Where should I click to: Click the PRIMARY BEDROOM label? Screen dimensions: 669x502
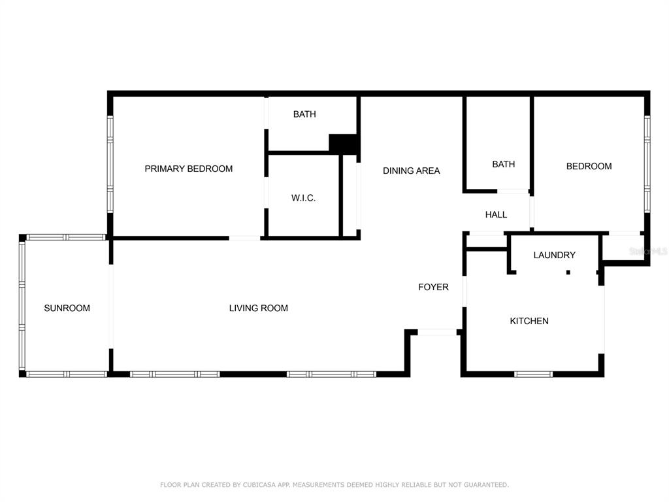tap(189, 169)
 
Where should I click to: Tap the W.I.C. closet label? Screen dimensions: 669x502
tap(303, 197)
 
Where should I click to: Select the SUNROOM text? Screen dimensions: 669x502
tap(67, 308)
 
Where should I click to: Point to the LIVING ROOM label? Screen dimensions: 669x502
tap(259, 308)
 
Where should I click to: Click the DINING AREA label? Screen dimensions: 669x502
tap(412, 171)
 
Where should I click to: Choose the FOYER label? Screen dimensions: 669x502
tap(434, 287)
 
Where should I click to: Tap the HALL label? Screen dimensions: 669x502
tap(497, 214)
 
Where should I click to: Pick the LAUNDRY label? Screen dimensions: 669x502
tap(555, 255)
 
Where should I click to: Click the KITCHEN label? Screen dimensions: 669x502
tap(529, 320)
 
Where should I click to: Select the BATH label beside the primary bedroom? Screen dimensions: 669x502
tap(304, 114)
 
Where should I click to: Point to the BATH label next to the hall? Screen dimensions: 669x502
tap(504, 164)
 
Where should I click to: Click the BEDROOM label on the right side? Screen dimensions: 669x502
tap(589, 166)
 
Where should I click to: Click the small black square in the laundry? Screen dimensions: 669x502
tap(568, 273)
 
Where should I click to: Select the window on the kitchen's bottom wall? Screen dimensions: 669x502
tap(533, 375)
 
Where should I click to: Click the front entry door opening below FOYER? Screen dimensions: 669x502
tap(437, 332)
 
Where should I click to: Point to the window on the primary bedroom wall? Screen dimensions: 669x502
tap(110, 164)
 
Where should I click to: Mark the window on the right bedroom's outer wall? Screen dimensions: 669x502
tap(647, 164)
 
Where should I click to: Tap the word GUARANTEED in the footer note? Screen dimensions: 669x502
tap(486, 485)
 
